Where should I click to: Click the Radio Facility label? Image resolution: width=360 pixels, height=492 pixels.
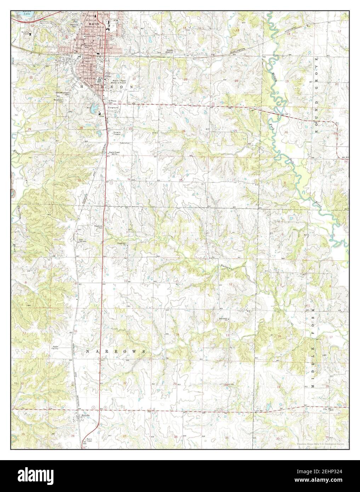56,347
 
